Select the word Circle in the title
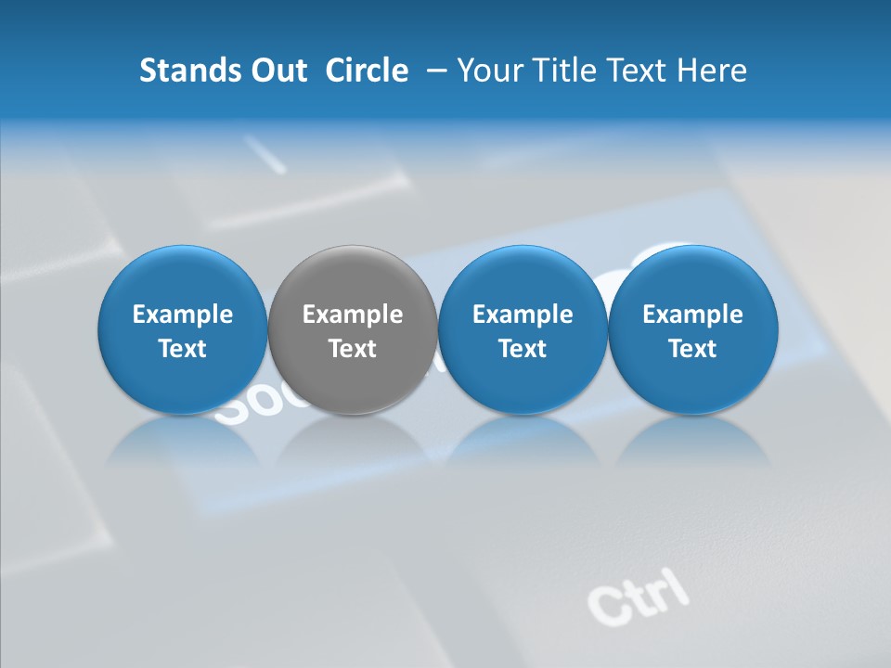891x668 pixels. coord(367,71)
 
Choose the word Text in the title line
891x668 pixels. coord(635,71)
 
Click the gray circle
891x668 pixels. coord(353,330)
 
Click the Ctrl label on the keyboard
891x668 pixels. coord(639,595)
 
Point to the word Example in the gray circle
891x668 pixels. coord(353,315)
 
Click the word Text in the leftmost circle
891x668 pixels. coord(183,349)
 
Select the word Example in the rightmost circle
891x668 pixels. coord(692,315)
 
